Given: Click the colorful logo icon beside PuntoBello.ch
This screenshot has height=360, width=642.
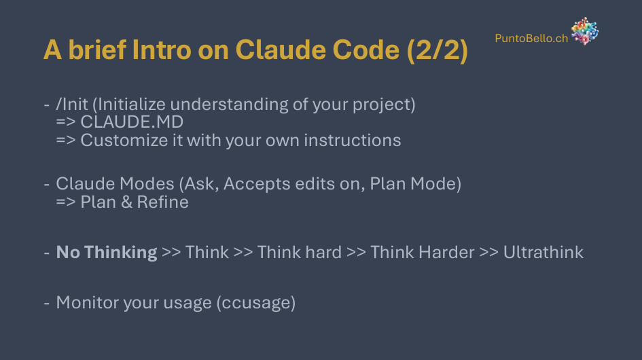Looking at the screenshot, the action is pos(585,31).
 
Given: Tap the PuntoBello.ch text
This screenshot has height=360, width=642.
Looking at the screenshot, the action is pos(531,38).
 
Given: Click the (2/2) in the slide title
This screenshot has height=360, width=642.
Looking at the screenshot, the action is pos(438,50).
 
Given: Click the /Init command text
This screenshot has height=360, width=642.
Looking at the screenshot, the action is pos(71,105).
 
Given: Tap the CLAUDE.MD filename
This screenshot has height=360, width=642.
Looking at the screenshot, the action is pos(132,122).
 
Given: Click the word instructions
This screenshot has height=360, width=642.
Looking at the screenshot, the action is pos(352,141).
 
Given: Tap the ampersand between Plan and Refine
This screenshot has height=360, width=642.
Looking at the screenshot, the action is pos(126,202).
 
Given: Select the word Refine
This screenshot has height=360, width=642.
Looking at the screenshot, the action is pos(162,202).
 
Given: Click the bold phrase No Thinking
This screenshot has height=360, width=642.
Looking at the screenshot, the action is pos(107,252).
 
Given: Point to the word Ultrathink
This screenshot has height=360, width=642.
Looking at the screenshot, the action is pos(543,252).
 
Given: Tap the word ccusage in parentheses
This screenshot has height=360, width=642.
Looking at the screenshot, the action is pos(256,303).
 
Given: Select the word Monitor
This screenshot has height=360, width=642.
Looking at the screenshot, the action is pos(88,303).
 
